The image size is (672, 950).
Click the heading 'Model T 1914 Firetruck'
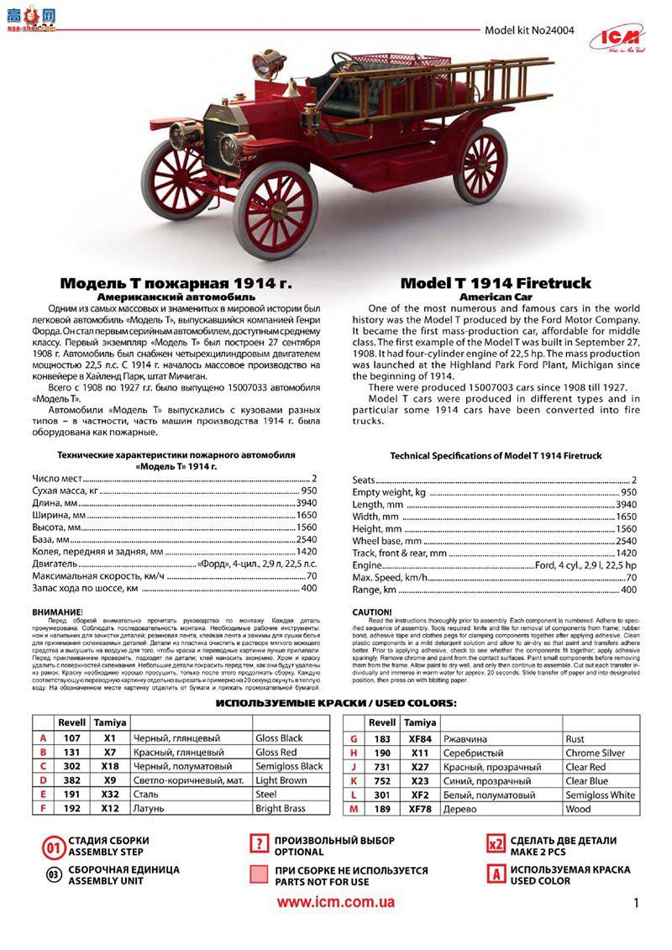tap(495, 283)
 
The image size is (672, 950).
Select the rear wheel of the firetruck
tap(480, 165)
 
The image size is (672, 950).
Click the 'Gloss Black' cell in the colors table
tap(279, 738)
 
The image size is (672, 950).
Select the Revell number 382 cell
tap(72, 780)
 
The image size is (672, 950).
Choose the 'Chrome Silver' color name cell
tap(595, 753)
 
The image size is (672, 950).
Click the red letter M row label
tap(354, 809)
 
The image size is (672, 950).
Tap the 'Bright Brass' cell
tap(280, 809)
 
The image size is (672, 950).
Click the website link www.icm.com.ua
tap(336, 902)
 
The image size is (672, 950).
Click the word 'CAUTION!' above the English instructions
tap(371, 611)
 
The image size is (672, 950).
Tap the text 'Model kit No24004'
tap(529, 30)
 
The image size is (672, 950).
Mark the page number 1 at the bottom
tap(636, 904)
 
